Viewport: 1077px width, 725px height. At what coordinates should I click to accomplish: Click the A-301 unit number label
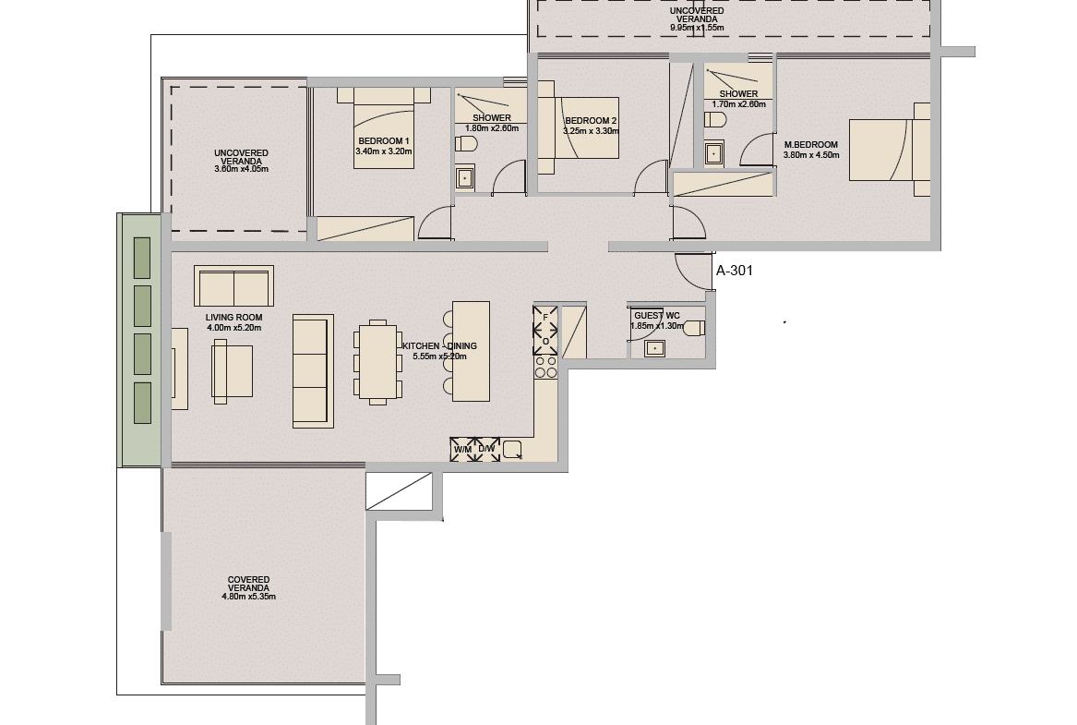735,271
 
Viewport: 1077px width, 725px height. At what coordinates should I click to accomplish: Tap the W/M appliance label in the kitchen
463,450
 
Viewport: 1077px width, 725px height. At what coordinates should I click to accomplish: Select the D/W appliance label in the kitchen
487,450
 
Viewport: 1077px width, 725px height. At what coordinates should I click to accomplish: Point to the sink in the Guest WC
654,348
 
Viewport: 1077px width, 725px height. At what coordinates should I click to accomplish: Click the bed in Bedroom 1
384,127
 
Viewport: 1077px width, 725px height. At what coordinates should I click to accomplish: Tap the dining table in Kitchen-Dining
377,362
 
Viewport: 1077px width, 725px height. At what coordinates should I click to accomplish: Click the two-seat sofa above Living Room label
233,286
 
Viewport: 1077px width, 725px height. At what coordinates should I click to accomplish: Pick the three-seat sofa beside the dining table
313,371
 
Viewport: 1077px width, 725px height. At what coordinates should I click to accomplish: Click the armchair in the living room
233,371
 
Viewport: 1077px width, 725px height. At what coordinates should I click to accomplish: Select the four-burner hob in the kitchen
546,367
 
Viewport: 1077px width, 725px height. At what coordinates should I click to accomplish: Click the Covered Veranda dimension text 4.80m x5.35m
248,597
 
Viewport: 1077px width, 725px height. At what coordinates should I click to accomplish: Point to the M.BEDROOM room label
811,145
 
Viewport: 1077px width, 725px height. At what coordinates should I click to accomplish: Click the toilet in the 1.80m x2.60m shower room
466,144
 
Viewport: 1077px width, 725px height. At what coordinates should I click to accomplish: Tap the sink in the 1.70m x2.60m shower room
714,153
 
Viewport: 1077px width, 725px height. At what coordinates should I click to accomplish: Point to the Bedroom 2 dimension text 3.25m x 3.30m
591,131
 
